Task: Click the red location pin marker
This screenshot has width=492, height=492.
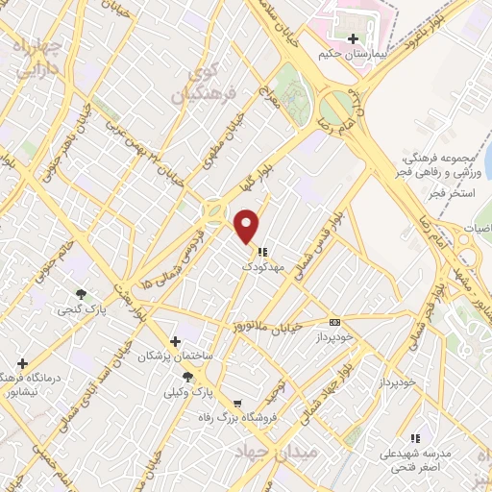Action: tap(248, 225)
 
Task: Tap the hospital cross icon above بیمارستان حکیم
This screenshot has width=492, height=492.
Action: tap(355, 38)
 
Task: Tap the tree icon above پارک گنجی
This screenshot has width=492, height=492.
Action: tap(82, 294)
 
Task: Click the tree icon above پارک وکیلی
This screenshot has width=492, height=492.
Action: tap(187, 377)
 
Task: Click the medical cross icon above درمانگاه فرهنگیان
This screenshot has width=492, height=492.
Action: tap(22, 363)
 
